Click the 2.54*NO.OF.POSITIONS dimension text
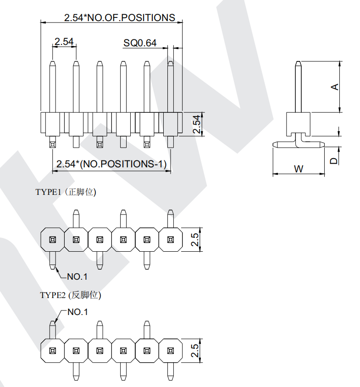(x=120, y=18)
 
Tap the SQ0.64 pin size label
(x=140, y=43)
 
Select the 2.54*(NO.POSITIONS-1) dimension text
(x=111, y=164)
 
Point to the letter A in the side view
(x=335, y=87)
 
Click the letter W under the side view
(x=299, y=169)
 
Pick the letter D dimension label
(x=333, y=161)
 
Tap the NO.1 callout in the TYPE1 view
(x=78, y=276)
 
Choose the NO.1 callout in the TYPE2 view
(x=78, y=312)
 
